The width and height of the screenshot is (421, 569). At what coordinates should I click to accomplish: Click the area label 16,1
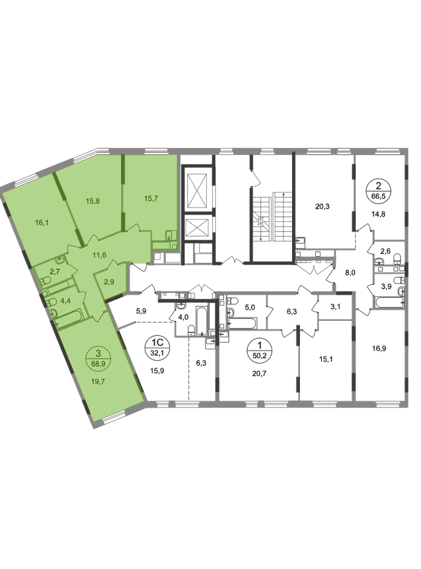point(41,222)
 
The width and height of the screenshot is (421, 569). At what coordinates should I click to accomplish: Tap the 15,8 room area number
point(93,201)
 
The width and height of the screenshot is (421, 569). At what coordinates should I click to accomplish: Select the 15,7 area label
point(151,199)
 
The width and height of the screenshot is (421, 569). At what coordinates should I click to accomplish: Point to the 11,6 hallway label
point(99,255)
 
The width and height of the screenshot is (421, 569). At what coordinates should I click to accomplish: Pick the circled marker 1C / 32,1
point(156,347)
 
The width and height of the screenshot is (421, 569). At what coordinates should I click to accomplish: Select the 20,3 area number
point(322,207)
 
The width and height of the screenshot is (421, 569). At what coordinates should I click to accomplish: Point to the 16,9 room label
point(379,348)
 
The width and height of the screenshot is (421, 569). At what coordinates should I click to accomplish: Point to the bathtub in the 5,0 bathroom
point(243,323)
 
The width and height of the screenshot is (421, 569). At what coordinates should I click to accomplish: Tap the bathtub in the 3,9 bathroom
point(390,302)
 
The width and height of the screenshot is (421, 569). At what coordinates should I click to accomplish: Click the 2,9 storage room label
point(109,281)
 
